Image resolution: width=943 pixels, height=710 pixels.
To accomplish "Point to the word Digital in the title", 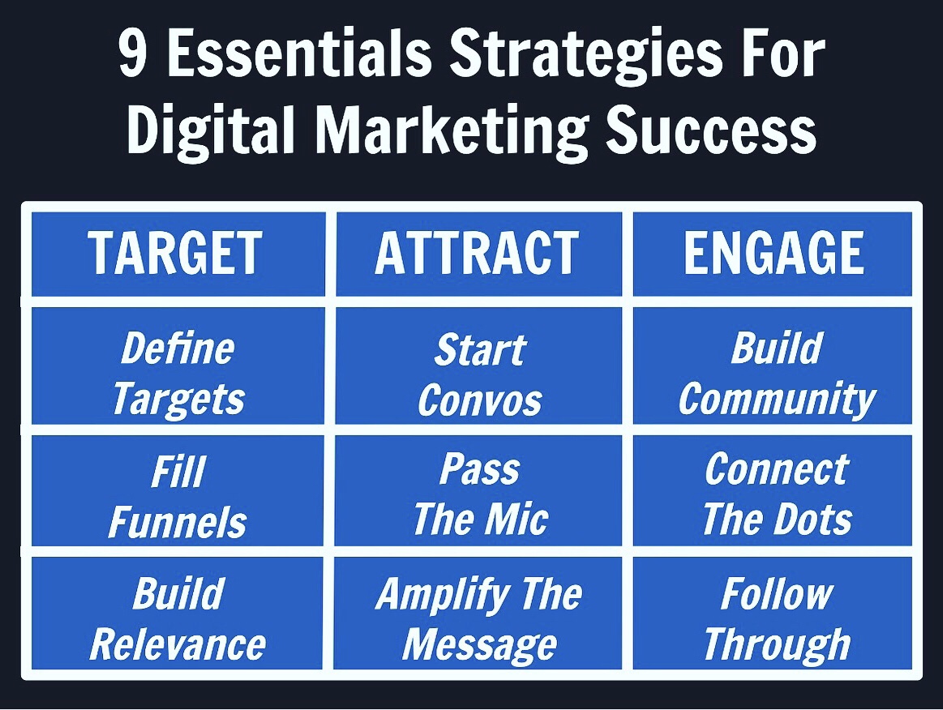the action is (211, 130).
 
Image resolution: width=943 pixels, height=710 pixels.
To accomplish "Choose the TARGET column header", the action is (178, 254).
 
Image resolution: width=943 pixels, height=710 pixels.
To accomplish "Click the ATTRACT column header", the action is (478, 254).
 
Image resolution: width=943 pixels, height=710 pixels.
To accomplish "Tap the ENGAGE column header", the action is (773, 254).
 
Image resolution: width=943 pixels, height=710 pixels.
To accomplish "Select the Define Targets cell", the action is (178, 366).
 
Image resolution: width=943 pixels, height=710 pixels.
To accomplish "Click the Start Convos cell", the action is (478, 366).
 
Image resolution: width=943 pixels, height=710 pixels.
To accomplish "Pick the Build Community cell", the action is (773, 366).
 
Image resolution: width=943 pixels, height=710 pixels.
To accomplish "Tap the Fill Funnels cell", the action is (178, 490).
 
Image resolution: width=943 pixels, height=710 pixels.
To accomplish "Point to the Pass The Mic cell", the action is (478, 490).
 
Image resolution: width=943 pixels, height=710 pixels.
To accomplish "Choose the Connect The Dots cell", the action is (773, 490).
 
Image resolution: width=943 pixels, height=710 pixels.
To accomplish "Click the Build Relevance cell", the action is (178, 614).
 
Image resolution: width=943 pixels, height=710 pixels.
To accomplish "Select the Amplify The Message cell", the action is (478, 614).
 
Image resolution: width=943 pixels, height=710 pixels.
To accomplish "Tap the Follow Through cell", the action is (773, 614).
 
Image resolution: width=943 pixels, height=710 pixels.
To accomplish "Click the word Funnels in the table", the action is (178, 522).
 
